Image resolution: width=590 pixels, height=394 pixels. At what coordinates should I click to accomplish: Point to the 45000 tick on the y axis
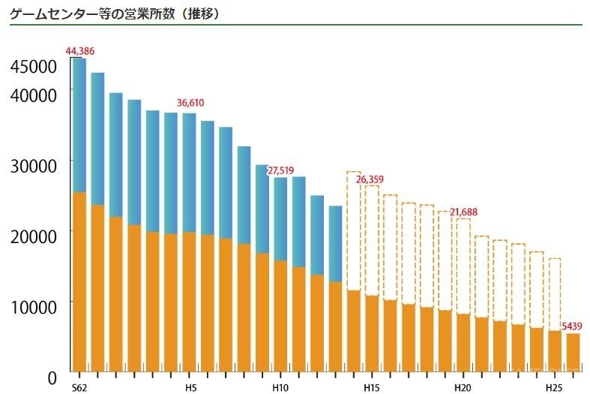(34, 67)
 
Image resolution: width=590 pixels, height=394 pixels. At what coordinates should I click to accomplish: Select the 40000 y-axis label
(34, 95)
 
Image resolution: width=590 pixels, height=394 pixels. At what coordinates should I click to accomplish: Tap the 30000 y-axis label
(34, 166)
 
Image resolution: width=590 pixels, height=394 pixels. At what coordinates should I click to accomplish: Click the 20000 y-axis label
(34, 236)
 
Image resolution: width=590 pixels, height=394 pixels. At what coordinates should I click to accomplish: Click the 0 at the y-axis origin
(52, 377)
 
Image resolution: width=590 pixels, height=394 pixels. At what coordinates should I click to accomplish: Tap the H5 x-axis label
(190, 387)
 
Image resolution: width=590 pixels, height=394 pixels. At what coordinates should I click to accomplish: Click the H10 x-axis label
(280, 387)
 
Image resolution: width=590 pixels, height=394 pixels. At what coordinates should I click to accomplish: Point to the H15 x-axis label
(372, 387)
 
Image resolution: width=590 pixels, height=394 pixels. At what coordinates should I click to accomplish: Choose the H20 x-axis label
(463, 387)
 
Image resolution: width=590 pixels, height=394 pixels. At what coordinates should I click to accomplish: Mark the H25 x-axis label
(554, 387)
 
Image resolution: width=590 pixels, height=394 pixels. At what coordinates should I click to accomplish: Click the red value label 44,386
(80, 51)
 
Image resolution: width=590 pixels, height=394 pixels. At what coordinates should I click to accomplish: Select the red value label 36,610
(190, 103)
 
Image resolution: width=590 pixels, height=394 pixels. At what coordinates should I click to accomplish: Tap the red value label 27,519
(280, 170)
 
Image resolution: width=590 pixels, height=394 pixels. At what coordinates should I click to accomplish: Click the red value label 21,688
(463, 212)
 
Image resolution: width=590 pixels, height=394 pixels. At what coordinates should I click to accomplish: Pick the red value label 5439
(572, 326)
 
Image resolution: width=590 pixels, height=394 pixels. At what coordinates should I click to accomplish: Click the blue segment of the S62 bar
(79, 124)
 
